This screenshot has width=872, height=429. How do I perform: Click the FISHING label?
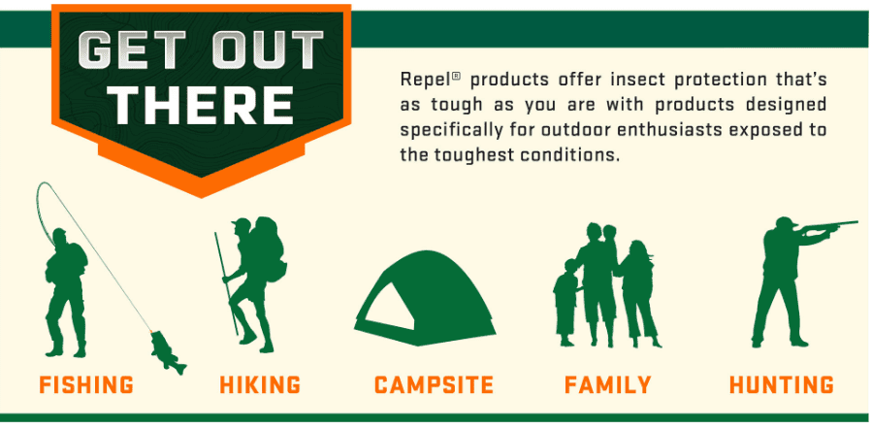pyautogui.click(x=86, y=385)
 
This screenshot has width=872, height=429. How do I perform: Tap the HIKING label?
pyautogui.click(x=259, y=385)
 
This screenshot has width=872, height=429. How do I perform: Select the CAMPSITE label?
pyautogui.click(x=433, y=385)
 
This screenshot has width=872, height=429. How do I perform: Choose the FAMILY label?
pyautogui.click(x=607, y=385)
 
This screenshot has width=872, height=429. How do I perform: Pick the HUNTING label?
pyautogui.click(x=781, y=385)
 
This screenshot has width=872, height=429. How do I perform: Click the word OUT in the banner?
pyautogui.click(x=263, y=50)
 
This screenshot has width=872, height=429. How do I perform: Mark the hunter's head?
pyautogui.click(x=782, y=225)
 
